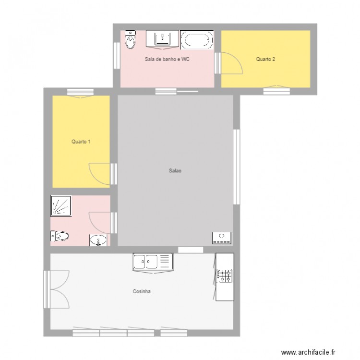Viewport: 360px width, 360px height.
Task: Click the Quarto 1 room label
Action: (81, 142)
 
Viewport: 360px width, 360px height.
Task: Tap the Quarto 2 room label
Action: (265, 60)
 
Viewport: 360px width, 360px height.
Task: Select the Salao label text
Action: (175, 170)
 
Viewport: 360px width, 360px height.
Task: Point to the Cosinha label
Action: (142, 291)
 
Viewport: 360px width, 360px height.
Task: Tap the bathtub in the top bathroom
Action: (197, 40)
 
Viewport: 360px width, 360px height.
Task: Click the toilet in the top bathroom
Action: (130, 40)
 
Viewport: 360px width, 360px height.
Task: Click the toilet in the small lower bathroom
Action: (60, 236)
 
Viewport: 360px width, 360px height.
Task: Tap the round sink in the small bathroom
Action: (99, 240)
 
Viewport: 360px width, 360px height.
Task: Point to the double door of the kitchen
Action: (58, 290)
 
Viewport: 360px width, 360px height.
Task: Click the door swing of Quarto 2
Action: (230, 63)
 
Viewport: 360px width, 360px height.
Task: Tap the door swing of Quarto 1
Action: (100, 173)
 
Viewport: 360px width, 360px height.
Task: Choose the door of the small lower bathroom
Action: (100, 222)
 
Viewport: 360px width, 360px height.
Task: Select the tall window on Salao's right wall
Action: (236, 166)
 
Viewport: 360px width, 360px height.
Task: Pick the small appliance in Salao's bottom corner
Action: (222, 237)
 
